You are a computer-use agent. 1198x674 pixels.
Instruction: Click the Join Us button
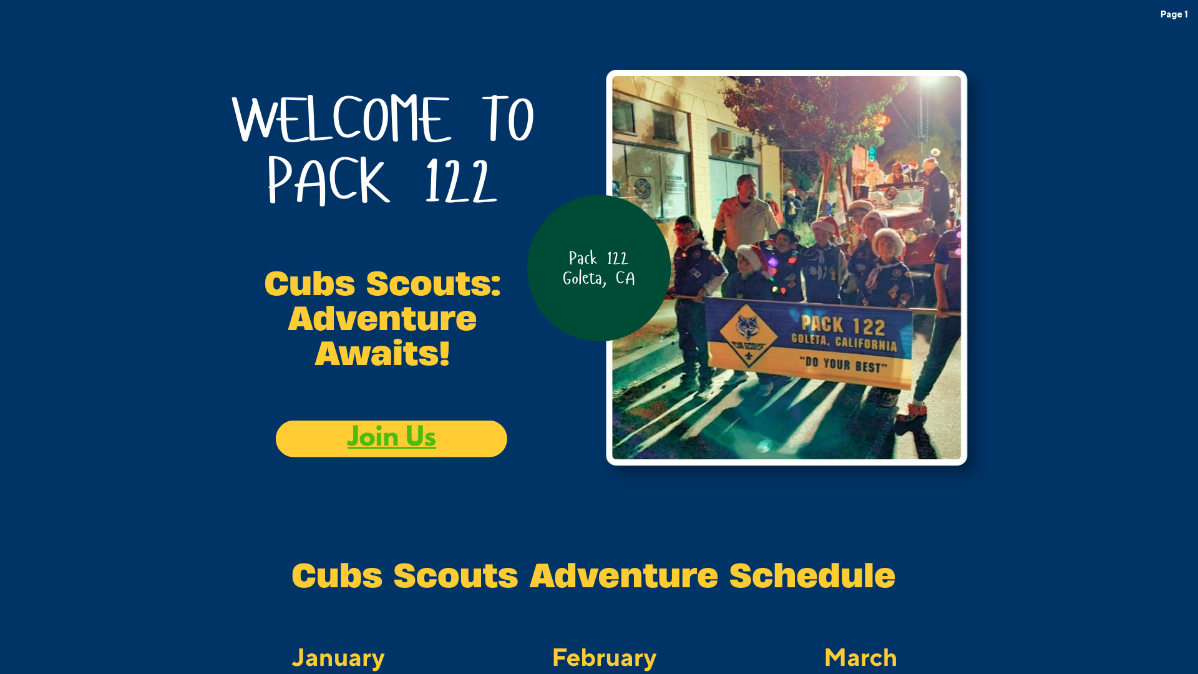(x=391, y=438)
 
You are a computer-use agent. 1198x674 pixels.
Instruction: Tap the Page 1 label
(x=1174, y=14)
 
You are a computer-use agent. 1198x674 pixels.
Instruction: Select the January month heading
(x=338, y=658)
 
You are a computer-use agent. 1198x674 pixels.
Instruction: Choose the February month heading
(x=604, y=658)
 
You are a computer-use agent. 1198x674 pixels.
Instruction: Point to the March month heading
(x=860, y=658)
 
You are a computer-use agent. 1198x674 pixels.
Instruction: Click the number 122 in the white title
(x=460, y=181)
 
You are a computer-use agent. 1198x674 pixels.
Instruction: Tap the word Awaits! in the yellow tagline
(x=382, y=353)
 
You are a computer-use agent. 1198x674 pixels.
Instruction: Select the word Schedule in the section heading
(x=812, y=575)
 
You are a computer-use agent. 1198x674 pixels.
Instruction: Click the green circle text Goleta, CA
(x=599, y=278)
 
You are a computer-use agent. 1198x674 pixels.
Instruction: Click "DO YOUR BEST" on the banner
(x=843, y=364)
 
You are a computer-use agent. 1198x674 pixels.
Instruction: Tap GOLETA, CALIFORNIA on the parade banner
(x=844, y=342)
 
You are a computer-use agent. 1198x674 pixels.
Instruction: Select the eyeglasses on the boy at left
(x=684, y=229)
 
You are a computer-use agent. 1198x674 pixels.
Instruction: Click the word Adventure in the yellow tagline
(x=382, y=318)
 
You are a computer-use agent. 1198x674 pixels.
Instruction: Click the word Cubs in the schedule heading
(x=337, y=575)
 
